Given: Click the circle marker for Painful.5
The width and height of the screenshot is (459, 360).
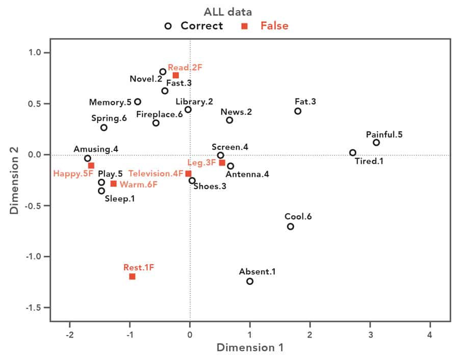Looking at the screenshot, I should click(376, 143).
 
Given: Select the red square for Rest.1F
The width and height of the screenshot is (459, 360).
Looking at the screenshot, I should click(132, 276).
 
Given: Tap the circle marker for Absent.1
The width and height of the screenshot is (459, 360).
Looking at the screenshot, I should click(250, 281).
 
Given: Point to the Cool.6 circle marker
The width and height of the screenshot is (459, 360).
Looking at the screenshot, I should click(291, 226).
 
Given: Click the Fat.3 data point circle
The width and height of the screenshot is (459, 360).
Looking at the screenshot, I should click(298, 111).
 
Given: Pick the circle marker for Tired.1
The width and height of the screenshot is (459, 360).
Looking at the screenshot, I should click(352, 152).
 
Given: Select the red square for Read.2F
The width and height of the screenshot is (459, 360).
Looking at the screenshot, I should click(175, 75).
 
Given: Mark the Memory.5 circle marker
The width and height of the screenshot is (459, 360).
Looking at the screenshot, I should click(138, 102).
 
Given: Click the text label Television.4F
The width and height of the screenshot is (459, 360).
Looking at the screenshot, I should click(156, 174).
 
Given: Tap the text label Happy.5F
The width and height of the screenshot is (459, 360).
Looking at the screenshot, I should click(73, 174).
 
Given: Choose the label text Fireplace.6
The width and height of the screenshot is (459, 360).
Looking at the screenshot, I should click(159, 115).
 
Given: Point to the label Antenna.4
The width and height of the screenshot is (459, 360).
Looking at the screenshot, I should click(247, 174).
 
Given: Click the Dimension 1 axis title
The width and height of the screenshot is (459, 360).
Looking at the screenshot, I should click(250, 348).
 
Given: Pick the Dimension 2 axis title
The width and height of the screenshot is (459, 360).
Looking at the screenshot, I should click(14, 187).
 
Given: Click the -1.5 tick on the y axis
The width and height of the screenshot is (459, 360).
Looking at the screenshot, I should click(35, 308).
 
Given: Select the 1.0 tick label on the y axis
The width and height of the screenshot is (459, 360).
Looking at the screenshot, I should click(37, 53).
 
